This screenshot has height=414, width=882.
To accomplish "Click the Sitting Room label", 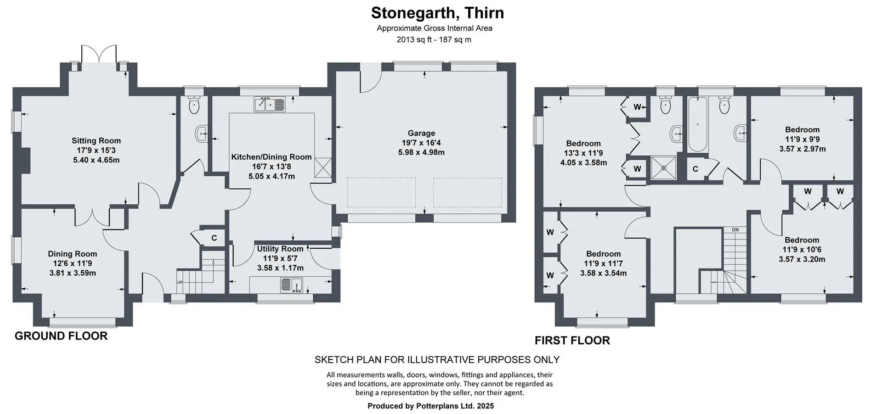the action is [96, 141].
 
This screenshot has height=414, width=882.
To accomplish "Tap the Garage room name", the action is [421, 133].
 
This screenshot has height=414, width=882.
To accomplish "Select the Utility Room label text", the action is [280, 249].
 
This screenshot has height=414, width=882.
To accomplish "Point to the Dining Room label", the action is [73, 254].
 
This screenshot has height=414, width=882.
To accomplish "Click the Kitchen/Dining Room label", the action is [271, 157].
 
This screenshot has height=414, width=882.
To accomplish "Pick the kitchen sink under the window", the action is [270, 105].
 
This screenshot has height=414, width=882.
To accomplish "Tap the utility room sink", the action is [291, 285].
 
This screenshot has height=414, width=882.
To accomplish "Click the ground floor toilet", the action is [194, 106].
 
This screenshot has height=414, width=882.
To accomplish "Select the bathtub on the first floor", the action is [697, 124].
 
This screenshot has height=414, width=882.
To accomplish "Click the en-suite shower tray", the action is [664, 168].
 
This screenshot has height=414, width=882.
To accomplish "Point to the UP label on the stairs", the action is [180, 282].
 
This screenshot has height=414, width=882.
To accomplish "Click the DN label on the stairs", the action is [735, 229].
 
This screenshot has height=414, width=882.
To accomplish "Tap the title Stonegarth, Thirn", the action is [437, 13].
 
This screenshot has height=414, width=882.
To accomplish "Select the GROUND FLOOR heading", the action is [61, 336].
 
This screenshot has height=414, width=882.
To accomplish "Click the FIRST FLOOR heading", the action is [572, 341].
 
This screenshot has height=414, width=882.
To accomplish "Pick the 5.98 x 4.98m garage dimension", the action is [421, 152].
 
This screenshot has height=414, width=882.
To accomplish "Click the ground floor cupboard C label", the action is [214, 238].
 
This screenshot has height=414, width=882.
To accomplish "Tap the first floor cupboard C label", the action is [695, 169].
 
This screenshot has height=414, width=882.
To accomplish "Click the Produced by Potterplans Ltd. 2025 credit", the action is [431, 406].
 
